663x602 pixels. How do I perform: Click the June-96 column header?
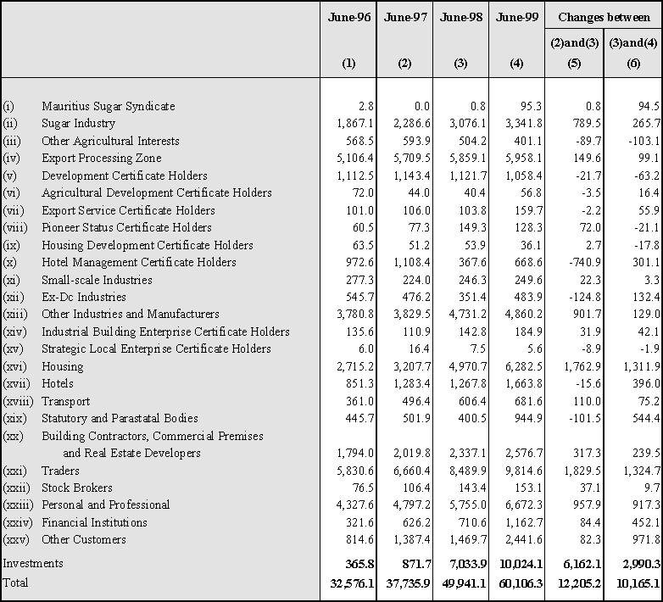tap(348, 17)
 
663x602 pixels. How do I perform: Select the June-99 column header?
tap(516, 17)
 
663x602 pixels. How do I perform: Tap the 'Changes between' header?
tap(604, 17)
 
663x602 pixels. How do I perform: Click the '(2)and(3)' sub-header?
tap(574, 42)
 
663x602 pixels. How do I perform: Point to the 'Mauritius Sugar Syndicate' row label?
tap(109, 106)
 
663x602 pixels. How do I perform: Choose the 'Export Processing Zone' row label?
tap(102, 158)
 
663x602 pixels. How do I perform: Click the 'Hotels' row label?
tap(58, 383)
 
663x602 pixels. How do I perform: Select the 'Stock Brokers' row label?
tap(77, 488)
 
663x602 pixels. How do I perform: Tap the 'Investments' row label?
tap(33, 563)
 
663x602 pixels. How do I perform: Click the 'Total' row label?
tap(15, 582)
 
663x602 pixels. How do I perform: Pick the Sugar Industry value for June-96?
tap(355, 123)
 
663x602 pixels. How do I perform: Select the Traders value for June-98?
tap(468, 471)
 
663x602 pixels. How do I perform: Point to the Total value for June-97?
tap(408, 583)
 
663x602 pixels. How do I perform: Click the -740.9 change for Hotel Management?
tap(585, 262)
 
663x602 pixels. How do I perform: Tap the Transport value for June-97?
tap(416, 401)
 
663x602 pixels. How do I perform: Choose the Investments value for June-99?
tap(521, 564)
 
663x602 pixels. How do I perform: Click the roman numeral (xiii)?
tap(14, 314)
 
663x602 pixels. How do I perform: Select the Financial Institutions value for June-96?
tap(359, 522)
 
